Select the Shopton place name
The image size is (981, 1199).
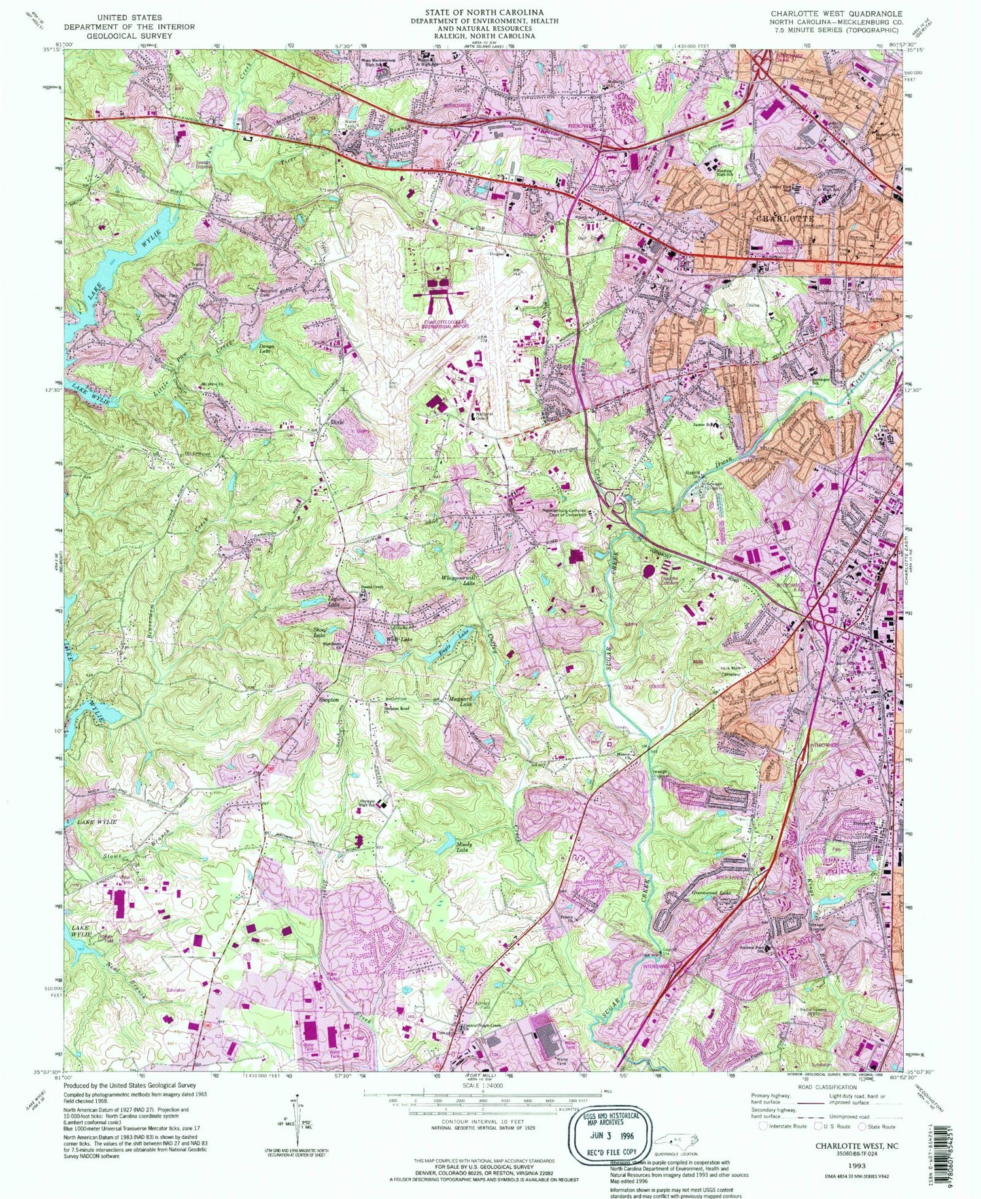pos(328,700)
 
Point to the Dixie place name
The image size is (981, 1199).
pos(337,423)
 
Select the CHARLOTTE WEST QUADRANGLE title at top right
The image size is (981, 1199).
pos(836,14)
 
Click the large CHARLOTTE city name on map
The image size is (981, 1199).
pos(785,218)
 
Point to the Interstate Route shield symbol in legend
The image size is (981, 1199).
pos(763,1126)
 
